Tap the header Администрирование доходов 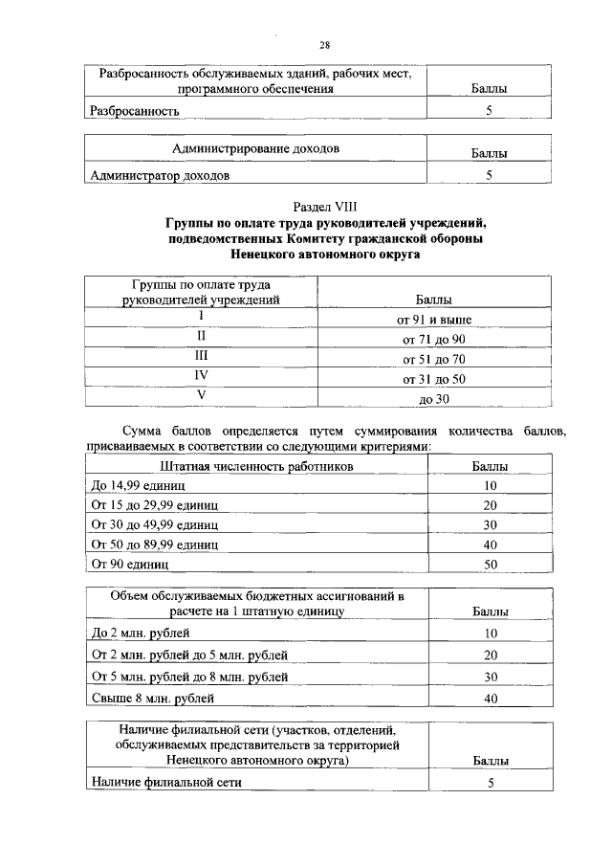coord(255,149)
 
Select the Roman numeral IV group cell coord(202,376)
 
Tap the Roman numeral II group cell coord(202,336)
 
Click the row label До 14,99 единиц coord(137,485)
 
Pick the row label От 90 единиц coord(129,565)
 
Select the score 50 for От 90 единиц coord(490,565)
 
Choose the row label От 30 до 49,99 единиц coord(155,525)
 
